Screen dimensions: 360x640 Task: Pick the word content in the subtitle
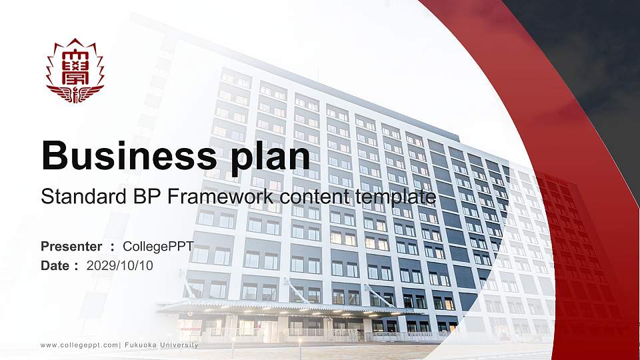pyautogui.click(x=315, y=197)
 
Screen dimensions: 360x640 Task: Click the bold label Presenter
pyautogui.click(x=71, y=247)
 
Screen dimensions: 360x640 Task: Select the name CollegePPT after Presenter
pyautogui.click(x=158, y=247)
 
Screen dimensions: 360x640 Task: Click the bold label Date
pyautogui.click(x=55, y=265)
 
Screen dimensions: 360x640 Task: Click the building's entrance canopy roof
pyautogui.click(x=267, y=307)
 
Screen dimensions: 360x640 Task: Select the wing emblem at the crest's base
pyautogui.click(x=75, y=93)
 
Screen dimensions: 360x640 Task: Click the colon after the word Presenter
pyautogui.click(x=113, y=247)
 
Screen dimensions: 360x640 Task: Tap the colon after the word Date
pyautogui.click(x=77, y=266)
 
